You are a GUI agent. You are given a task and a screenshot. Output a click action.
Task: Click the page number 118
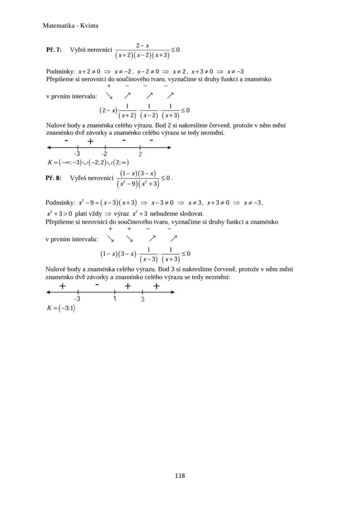tap(180, 476)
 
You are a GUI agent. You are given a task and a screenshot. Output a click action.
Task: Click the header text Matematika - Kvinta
tap(70, 26)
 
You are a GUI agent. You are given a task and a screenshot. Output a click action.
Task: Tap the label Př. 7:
tap(54, 50)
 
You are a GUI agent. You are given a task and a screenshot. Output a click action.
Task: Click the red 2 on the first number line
tap(140, 154)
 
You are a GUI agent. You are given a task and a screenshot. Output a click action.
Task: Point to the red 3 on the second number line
tap(143, 299)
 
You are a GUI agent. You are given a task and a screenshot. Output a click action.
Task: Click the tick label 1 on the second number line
tap(114, 299)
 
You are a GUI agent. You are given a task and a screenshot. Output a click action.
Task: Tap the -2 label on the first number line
tap(104, 154)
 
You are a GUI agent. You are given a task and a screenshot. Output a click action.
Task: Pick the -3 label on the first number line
tap(77, 154)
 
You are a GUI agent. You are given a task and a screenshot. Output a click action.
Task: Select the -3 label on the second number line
tap(77, 299)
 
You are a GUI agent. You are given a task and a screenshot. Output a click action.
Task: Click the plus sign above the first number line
tap(90, 141)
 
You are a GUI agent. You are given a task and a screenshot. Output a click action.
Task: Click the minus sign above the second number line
tap(97, 285)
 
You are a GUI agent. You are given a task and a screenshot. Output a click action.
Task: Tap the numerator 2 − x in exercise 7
tap(142, 45)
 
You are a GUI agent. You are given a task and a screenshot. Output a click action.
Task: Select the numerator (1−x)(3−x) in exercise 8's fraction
tap(138, 173)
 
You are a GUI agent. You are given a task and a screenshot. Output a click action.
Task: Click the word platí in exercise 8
tap(81, 213)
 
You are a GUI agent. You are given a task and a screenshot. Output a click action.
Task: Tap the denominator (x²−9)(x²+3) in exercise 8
tap(138, 184)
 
